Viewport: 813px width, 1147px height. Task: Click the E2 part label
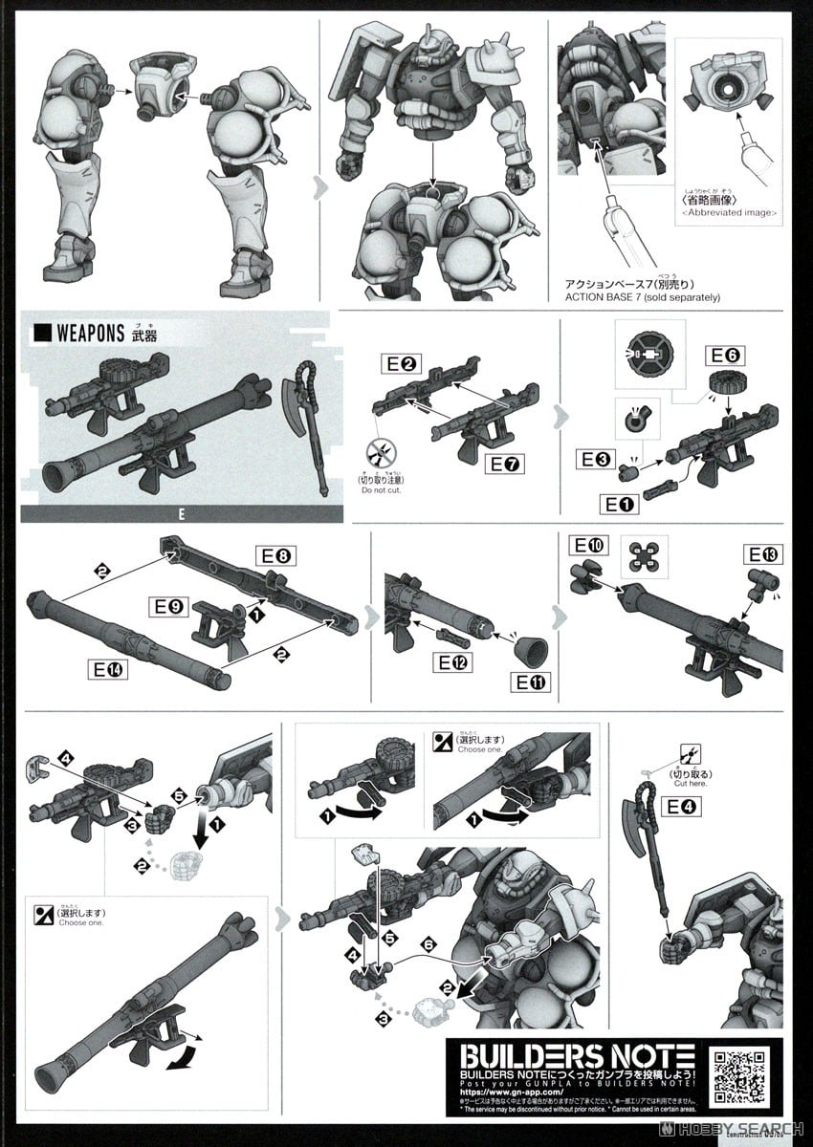400,364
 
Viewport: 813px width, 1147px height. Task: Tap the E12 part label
451,661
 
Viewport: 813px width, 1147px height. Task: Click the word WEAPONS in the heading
91,334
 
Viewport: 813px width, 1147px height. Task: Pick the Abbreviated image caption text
730,212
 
